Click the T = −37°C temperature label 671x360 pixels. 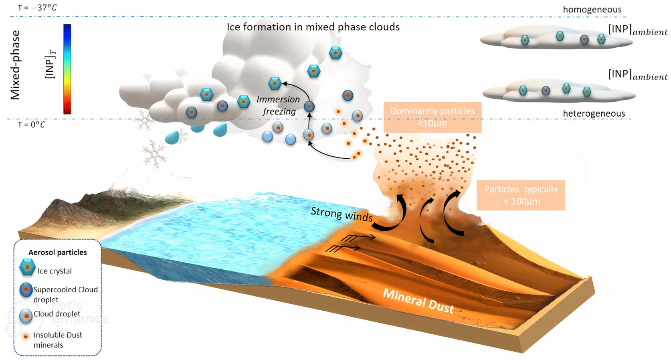pos(37,8)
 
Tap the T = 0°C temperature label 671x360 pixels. pos(31,125)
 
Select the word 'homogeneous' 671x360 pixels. pos(592,9)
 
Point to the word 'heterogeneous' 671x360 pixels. pos(594,113)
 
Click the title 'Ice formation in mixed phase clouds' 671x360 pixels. pos(313,27)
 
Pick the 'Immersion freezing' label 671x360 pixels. pos(279,105)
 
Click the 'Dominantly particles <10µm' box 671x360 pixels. pos(432,117)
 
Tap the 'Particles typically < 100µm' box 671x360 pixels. pos(520,195)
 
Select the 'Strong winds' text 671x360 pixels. pos(342,214)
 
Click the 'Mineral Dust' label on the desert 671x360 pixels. pos(418,301)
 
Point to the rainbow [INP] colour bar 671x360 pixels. pos(67,69)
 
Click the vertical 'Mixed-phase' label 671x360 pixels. pos(15,65)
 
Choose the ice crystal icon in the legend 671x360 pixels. pos(27,267)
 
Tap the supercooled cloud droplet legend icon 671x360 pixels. pos(26,290)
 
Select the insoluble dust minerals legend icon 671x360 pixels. pos(26,336)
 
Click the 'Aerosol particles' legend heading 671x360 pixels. pos(57,252)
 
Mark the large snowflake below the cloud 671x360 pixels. pos(154,154)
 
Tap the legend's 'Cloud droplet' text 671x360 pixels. pos(57,314)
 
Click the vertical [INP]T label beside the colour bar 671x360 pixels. pos(50,64)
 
